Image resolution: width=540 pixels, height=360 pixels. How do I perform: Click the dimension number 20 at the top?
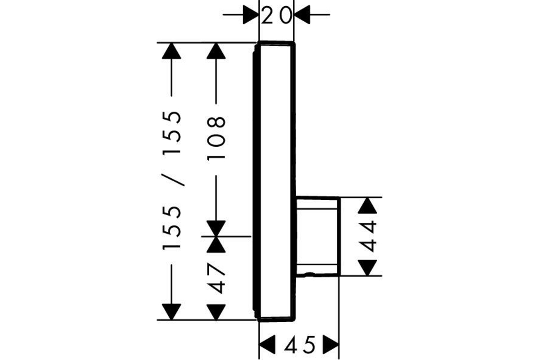click(276, 15)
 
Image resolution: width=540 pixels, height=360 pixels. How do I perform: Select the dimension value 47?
click(216, 279)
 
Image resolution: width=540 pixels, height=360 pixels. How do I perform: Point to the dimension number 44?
click(367, 237)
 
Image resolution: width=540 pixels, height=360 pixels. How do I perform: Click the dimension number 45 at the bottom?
click(300, 345)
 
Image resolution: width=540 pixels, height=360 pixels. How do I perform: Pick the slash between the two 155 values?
click(173, 180)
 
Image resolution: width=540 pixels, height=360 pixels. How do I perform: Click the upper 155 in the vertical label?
click(171, 133)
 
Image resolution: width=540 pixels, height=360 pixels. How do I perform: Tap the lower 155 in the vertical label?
click(171, 228)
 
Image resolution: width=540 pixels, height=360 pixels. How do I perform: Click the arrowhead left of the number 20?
click(251, 15)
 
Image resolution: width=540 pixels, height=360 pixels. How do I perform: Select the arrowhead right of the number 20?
click(302, 15)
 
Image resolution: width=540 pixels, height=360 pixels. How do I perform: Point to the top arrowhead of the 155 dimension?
click(171, 51)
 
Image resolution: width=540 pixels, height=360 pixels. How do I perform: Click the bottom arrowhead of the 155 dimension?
click(171, 312)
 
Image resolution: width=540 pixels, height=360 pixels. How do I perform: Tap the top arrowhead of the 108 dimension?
click(216, 51)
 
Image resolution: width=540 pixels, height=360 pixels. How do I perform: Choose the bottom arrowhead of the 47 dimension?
click(216, 312)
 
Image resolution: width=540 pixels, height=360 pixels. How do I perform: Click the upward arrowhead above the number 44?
click(367, 206)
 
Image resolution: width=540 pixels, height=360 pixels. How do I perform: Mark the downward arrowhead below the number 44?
click(367, 268)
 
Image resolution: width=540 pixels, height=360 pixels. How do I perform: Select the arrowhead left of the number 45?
click(267, 344)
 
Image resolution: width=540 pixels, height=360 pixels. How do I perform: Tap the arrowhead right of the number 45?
click(331, 344)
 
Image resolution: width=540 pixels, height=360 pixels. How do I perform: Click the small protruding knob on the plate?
click(318, 237)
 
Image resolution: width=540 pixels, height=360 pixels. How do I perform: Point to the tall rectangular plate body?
click(275, 181)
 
